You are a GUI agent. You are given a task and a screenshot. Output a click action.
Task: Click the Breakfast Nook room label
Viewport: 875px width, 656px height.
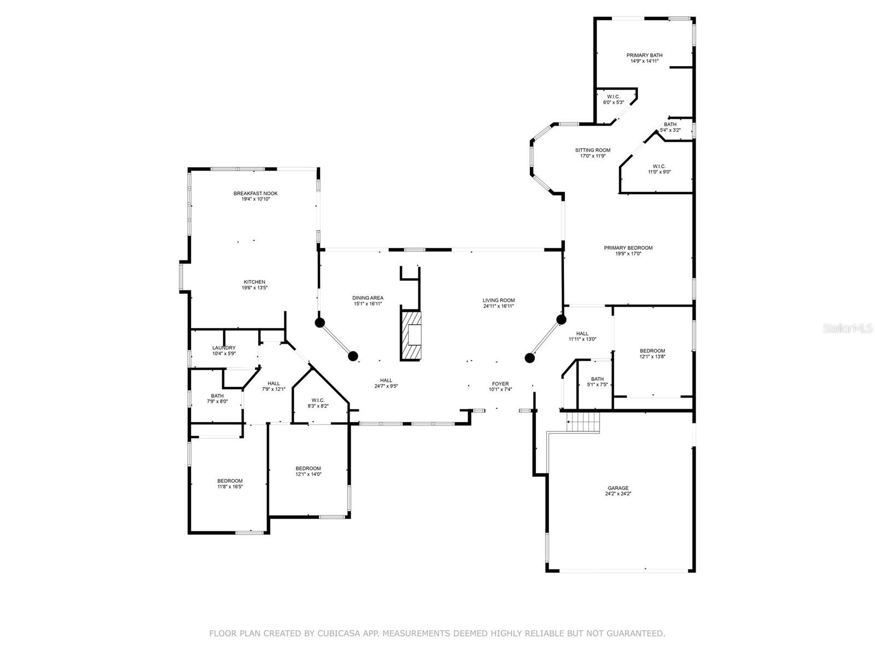(x=255, y=194)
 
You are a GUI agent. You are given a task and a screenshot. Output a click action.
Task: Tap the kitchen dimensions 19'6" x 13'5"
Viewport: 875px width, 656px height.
(x=254, y=288)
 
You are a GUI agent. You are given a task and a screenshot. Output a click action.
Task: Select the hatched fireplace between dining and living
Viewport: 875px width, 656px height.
(x=411, y=335)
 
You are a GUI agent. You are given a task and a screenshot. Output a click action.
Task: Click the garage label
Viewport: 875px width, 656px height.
(x=618, y=488)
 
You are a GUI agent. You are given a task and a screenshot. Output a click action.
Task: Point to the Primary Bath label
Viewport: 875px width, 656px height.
(x=644, y=55)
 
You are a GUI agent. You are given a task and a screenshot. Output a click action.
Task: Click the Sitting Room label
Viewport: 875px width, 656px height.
(x=592, y=150)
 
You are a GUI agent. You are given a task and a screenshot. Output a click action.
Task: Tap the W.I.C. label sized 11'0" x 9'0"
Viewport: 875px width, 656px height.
(x=659, y=166)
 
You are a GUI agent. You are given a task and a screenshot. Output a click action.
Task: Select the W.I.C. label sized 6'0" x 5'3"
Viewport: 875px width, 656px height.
(x=613, y=97)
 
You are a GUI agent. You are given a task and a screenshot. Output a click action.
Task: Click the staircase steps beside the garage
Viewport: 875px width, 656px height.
(x=584, y=422)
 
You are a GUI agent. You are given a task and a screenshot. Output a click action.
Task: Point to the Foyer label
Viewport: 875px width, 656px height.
(x=500, y=384)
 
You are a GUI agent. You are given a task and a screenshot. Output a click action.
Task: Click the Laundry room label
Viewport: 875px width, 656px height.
(x=224, y=348)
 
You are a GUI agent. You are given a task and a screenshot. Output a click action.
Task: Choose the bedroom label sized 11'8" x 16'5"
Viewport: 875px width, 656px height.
(x=230, y=481)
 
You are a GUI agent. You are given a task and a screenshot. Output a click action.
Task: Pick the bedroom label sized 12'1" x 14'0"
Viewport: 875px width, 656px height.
(x=308, y=468)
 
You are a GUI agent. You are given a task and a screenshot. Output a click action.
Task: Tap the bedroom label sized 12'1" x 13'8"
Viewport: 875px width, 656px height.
(x=652, y=351)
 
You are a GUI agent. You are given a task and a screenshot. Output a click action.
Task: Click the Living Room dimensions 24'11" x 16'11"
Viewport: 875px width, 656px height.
(x=498, y=306)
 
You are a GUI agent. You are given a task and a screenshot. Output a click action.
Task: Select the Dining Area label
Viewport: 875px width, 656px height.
(x=367, y=298)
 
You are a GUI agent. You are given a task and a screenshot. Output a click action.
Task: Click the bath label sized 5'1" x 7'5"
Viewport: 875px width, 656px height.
(x=597, y=379)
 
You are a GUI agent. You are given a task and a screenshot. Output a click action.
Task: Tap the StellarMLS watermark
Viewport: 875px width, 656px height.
(x=848, y=328)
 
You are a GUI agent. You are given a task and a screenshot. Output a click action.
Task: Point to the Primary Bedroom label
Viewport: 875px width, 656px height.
(x=628, y=248)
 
